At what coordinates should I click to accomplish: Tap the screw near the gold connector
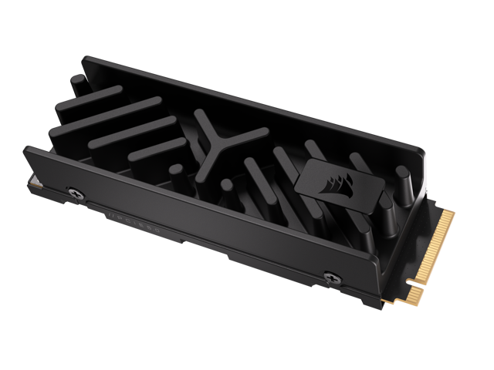coord(330,275)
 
